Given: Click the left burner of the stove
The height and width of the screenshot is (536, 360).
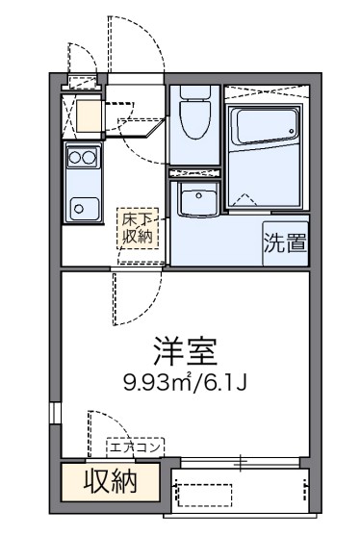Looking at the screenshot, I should [x=75, y=157].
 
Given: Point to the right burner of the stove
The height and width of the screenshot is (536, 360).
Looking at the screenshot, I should [x=89, y=157].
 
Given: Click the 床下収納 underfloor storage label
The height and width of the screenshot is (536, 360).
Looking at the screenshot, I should [x=134, y=228].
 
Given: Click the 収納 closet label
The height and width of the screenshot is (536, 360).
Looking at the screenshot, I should [x=109, y=479].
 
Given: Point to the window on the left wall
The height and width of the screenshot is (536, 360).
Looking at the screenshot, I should [x=55, y=413].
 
